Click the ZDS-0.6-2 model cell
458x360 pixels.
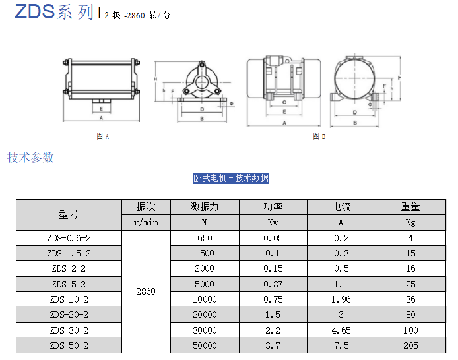69,238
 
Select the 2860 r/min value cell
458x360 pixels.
146,291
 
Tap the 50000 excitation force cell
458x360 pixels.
205,345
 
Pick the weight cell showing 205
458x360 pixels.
410,345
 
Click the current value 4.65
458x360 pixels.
341,330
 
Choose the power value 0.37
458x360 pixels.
273,284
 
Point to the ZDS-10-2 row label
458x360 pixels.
69,299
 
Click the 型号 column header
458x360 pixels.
69,215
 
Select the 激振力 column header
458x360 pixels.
205,207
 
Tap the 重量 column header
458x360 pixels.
410,207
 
